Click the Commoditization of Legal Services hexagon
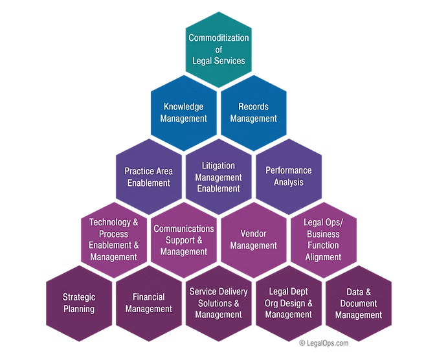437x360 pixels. [218, 49]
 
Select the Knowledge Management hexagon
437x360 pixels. [183, 112]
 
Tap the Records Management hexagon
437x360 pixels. [253, 112]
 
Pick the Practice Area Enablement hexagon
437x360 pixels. [148, 176]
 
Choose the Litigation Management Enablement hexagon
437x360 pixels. [218, 176]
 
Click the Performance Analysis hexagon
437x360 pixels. [288, 176]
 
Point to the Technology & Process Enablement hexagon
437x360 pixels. [114, 240]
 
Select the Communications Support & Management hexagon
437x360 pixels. [184, 240]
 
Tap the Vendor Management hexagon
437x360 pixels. [253, 240]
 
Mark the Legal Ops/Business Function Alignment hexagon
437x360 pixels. [323, 240]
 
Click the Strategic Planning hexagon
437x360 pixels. [79, 303]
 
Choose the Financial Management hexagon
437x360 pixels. [149, 303]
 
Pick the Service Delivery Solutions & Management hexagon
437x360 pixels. [218, 303]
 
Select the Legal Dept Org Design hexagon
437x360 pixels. [288, 303]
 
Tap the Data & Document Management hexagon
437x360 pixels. [358, 303]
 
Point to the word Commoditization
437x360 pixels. [218, 38]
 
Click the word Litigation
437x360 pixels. [218, 166]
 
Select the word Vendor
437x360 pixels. [253, 233]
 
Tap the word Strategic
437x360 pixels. [79, 297]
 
